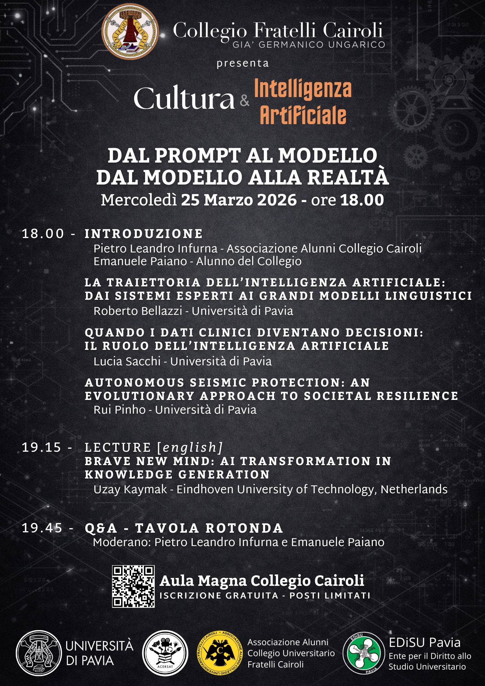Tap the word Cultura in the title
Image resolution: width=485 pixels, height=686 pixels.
point(184,99)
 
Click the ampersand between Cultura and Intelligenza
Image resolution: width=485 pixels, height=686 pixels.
point(245,101)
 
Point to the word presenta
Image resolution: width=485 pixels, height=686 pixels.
point(242,64)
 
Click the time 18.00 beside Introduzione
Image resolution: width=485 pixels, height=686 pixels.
point(43,234)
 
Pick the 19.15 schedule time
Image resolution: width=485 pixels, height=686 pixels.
point(42,448)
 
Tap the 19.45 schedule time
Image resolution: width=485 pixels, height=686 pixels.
point(42,528)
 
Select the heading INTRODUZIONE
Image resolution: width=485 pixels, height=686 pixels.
point(144,234)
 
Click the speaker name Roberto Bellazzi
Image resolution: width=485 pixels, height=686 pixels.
point(138,311)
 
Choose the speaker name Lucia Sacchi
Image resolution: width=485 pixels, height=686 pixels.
point(127,361)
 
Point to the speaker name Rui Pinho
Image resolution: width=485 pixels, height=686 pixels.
point(119,410)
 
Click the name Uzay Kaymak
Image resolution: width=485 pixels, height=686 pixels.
point(130,489)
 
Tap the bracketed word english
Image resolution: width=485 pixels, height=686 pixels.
point(190,448)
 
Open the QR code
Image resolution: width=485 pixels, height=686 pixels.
point(133,586)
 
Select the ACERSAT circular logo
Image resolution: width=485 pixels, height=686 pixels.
point(165,653)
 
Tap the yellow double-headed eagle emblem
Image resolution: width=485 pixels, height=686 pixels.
point(218,653)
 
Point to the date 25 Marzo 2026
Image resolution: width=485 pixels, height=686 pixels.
point(239,200)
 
